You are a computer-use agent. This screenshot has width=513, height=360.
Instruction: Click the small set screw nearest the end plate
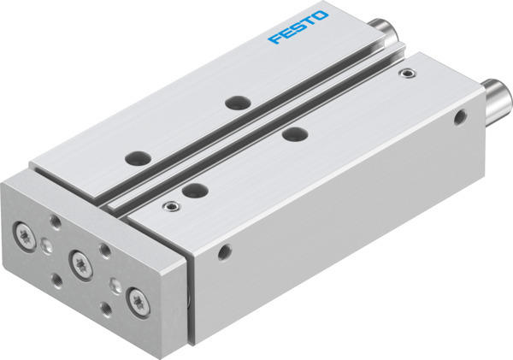[171, 206]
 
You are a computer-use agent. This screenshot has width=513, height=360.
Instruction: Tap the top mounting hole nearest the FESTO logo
[234, 103]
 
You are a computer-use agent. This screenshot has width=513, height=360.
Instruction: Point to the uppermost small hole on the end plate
[56, 221]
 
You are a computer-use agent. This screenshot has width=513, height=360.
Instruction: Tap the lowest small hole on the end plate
[104, 307]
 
